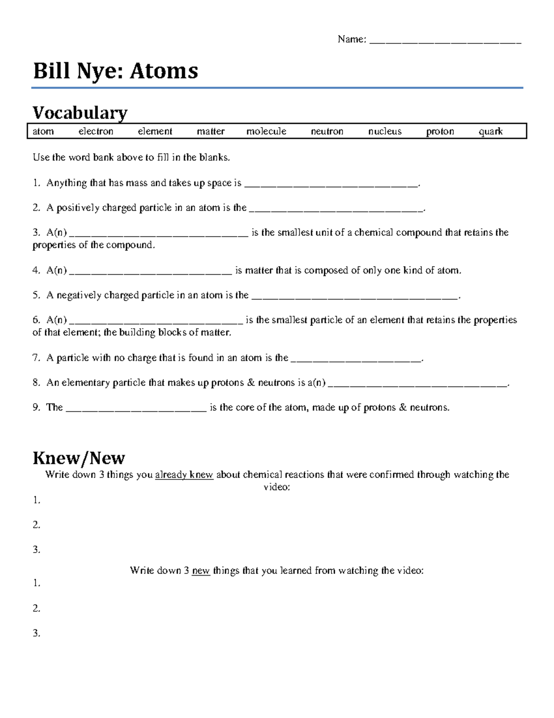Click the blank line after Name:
(x=446, y=41)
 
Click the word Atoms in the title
(x=164, y=71)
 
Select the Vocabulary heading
(x=80, y=112)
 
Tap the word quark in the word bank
(x=490, y=131)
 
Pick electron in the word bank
(x=96, y=131)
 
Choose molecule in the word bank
(x=266, y=131)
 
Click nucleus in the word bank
(x=385, y=131)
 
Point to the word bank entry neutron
(x=327, y=131)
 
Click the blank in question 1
(x=331, y=184)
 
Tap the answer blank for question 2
(x=336, y=209)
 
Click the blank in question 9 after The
(x=136, y=409)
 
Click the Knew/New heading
(x=79, y=458)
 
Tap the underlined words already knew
(x=184, y=475)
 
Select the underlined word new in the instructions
(x=201, y=571)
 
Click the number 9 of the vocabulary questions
(x=36, y=407)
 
